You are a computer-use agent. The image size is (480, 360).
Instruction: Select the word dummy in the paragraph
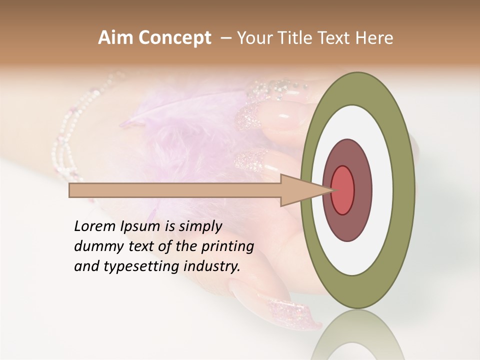click(95, 246)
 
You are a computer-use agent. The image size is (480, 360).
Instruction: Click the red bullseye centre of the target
click(343, 190)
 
